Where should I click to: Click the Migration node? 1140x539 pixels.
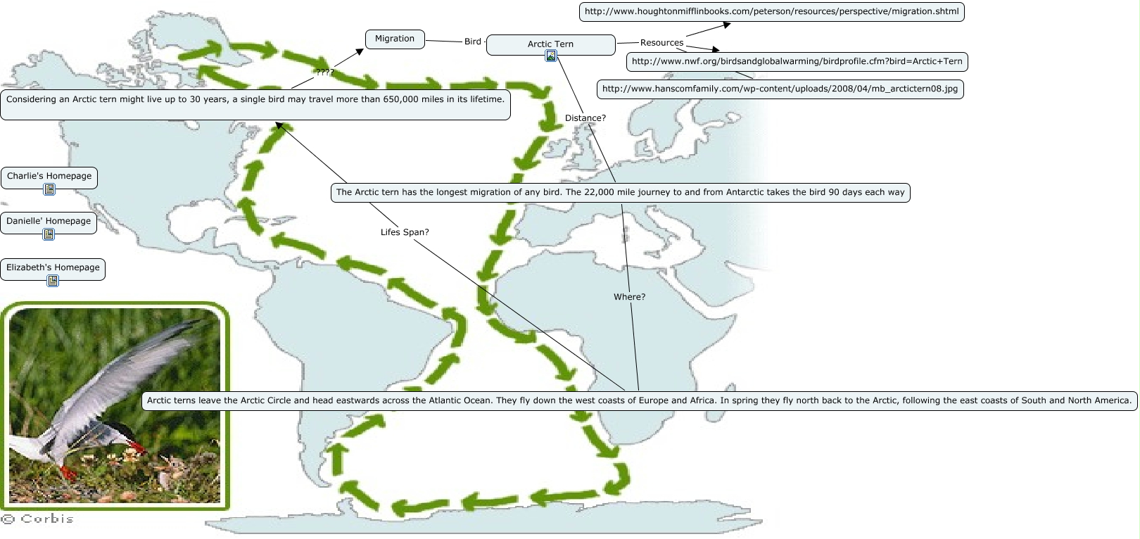pyautogui.click(x=395, y=39)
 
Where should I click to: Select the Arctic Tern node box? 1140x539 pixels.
pyautogui.click(x=550, y=44)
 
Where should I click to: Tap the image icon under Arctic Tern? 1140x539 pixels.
pyautogui.click(x=551, y=56)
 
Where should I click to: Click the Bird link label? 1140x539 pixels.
pyautogui.click(x=473, y=42)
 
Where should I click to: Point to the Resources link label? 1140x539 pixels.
pyautogui.click(x=661, y=43)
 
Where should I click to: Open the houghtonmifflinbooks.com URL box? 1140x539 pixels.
pyautogui.click(x=771, y=12)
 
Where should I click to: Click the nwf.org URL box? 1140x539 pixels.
pyautogui.click(x=797, y=62)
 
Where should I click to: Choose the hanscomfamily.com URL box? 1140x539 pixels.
pyautogui.click(x=780, y=89)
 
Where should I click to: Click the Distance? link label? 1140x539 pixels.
pyautogui.click(x=585, y=118)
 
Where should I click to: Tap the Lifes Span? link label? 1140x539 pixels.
pyautogui.click(x=405, y=232)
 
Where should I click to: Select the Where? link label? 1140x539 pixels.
pyautogui.click(x=629, y=297)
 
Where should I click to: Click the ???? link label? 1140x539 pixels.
pyautogui.click(x=324, y=72)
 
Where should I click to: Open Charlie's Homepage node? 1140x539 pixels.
pyautogui.click(x=49, y=176)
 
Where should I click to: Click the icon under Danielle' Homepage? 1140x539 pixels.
pyautogui.click(x=49, y=234)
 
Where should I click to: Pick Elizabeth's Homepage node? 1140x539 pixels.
pyautogui.click(x=53, y=268)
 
